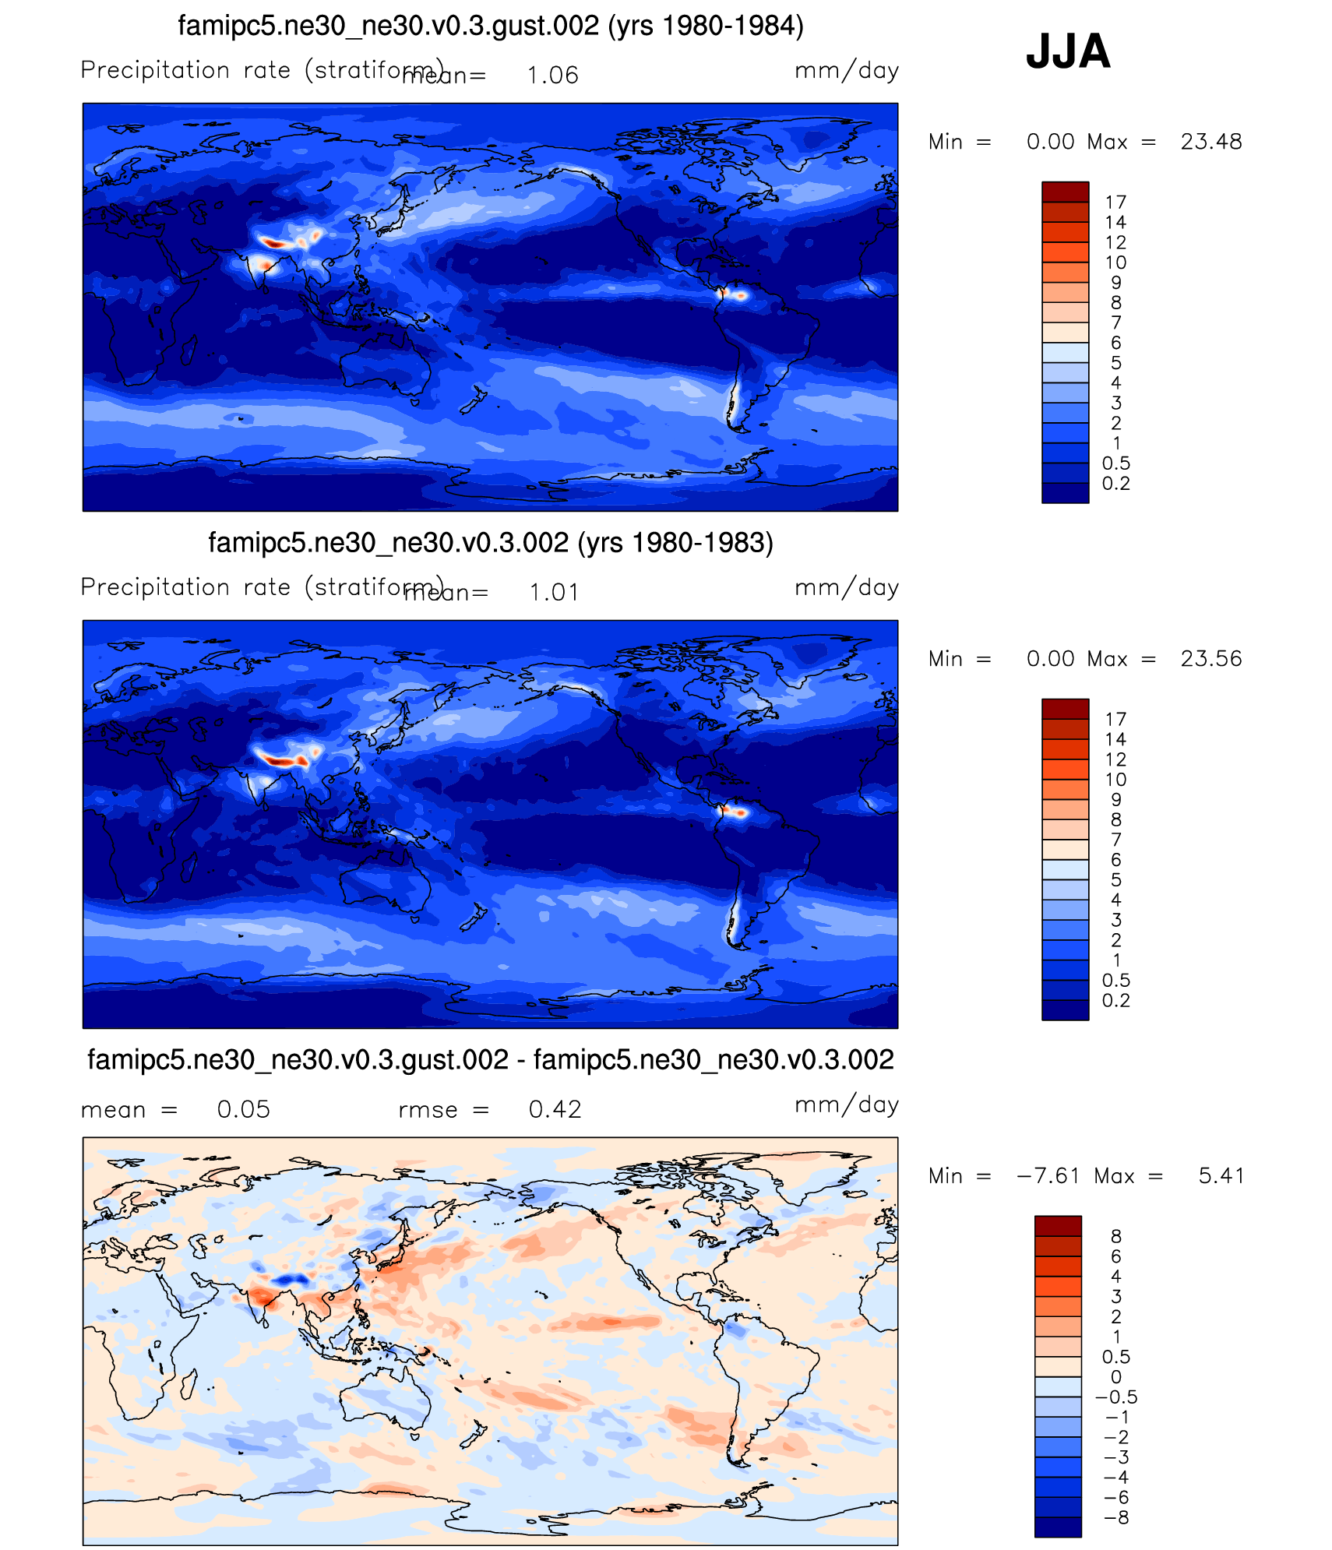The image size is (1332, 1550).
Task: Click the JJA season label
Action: [x=1068, y=51]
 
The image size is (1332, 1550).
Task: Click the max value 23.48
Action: [x=1211, y=142]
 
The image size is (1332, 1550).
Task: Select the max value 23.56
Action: [x=1211, y=659]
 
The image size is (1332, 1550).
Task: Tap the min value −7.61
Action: [x=1048, y=1176]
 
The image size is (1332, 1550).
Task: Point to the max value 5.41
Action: [x=1221, y=1176]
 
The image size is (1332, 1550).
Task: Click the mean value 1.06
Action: [x=552, y=76]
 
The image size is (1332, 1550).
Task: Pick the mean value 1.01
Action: [x=554, y=593]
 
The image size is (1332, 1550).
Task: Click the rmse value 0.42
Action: [x=555, y=1109]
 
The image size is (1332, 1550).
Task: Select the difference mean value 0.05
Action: [x=243, y=1109]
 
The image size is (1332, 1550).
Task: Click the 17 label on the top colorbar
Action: [x=1115, y=203]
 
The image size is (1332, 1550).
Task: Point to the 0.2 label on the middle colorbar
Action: [x=1115, y=1001]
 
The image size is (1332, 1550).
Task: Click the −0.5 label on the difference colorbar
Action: [x=1116, y=1397]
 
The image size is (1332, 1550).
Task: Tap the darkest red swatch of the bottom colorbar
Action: [x=1058, y=1226]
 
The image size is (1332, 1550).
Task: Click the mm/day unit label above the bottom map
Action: [x=847, y=1105]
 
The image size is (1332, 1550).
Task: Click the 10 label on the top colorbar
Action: [x=1115, y=263]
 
